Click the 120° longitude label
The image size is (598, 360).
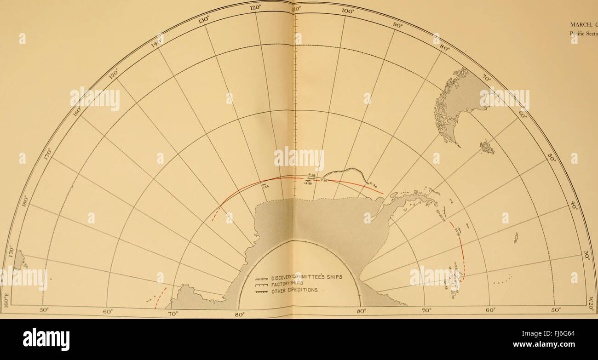256,7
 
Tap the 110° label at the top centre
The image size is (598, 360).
297,8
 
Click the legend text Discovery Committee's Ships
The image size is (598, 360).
305,277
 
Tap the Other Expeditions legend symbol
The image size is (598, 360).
261,291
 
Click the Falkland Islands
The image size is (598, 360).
487,147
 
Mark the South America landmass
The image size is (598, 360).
455,101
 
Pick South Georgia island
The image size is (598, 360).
516,238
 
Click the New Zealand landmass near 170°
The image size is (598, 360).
19,260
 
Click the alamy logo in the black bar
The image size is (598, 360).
46,339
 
